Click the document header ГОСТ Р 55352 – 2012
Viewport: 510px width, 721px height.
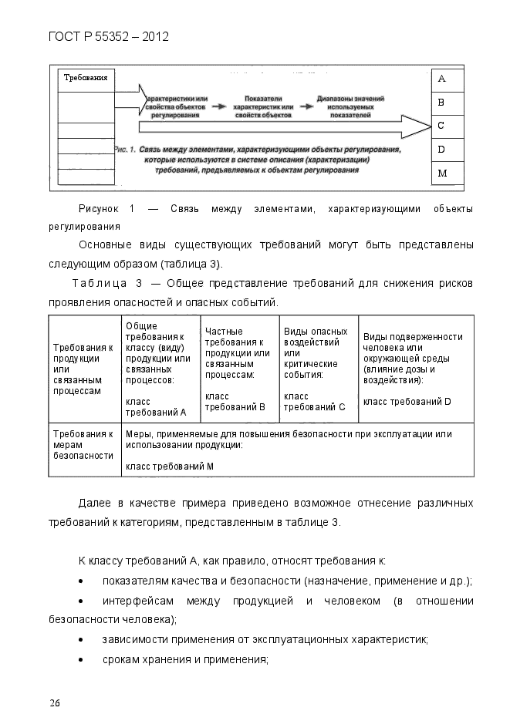(109, 36)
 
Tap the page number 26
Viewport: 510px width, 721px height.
(55, 702)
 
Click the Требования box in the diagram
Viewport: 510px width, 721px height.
(85, 79)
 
